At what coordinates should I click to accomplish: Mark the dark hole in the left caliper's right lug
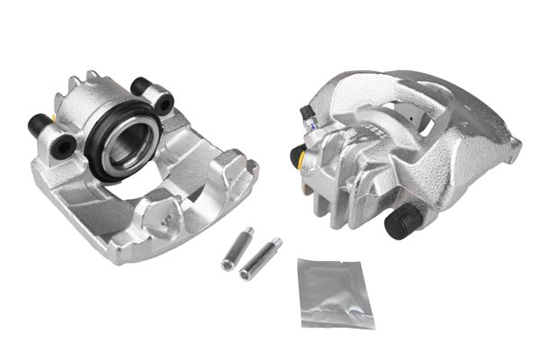163,103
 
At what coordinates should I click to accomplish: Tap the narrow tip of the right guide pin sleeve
275,243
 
